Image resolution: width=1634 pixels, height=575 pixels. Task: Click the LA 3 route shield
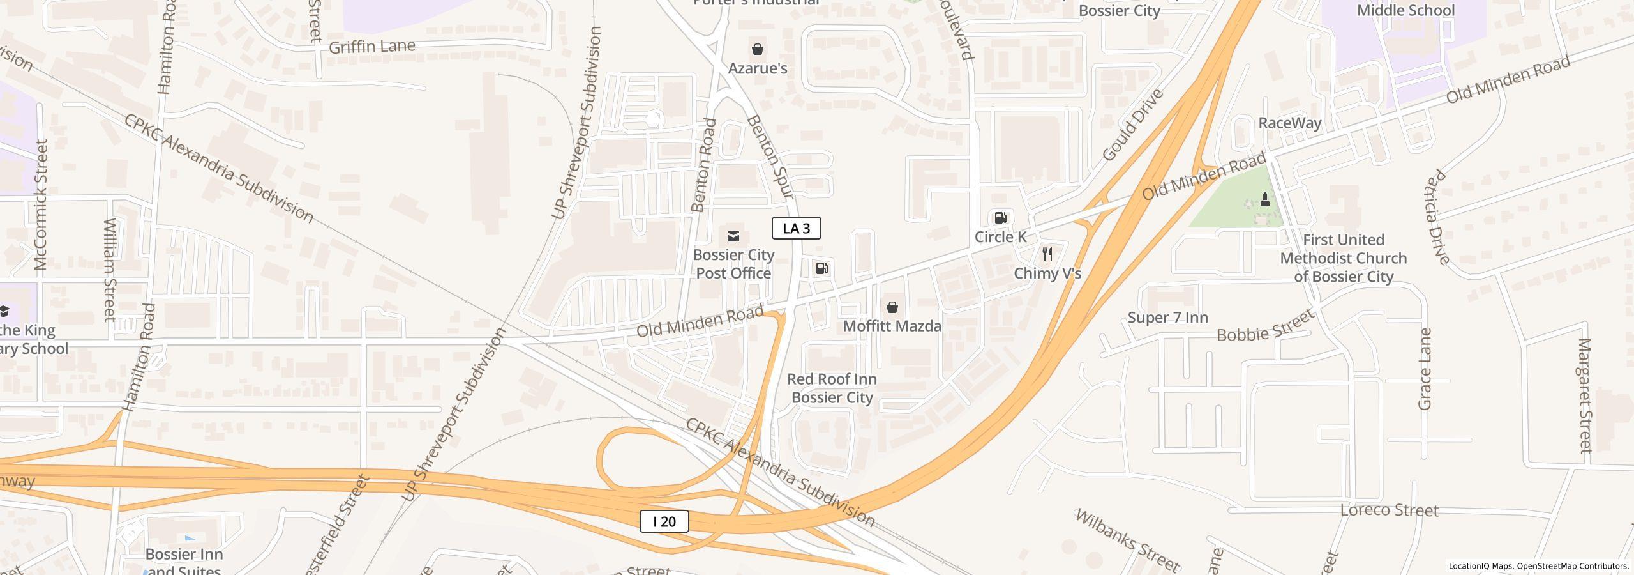point(796,228)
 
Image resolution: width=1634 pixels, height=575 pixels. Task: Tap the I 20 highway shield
point(664,521)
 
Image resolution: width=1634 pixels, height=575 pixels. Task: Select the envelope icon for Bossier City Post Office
point(733,236)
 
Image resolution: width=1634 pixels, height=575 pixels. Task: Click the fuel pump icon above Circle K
point(1000,218)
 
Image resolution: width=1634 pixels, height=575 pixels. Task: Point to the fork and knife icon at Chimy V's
point(1047,254)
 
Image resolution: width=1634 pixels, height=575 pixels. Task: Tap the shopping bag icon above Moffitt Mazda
point(892,307)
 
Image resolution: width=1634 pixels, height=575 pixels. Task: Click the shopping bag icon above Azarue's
point(757,49)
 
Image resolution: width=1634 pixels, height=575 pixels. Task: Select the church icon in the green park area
point(1264,199)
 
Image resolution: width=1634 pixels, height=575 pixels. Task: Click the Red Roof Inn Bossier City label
point(832,388)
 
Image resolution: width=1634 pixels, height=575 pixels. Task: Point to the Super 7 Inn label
point(1167,318)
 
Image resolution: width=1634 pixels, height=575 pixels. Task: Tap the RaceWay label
point(1289,123)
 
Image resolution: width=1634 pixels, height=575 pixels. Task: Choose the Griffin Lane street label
point(371,47)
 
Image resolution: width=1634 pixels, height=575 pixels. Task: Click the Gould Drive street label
point(1132,125)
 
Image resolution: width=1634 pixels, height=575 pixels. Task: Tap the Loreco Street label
point(1389,510)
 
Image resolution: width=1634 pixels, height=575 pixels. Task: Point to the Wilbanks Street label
point(1127,540)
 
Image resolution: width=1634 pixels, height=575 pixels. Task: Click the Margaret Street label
point(1585,395)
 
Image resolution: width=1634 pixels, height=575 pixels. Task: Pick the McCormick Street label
point(41,204)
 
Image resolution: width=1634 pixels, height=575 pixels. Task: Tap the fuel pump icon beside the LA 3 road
point(822,268)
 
